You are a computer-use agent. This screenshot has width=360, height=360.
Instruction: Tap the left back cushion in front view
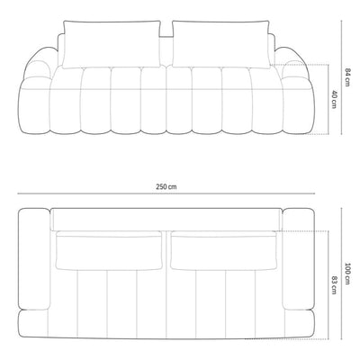[x=109, y=43]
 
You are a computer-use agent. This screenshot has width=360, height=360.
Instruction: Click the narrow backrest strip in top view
[x=166, y=220]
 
